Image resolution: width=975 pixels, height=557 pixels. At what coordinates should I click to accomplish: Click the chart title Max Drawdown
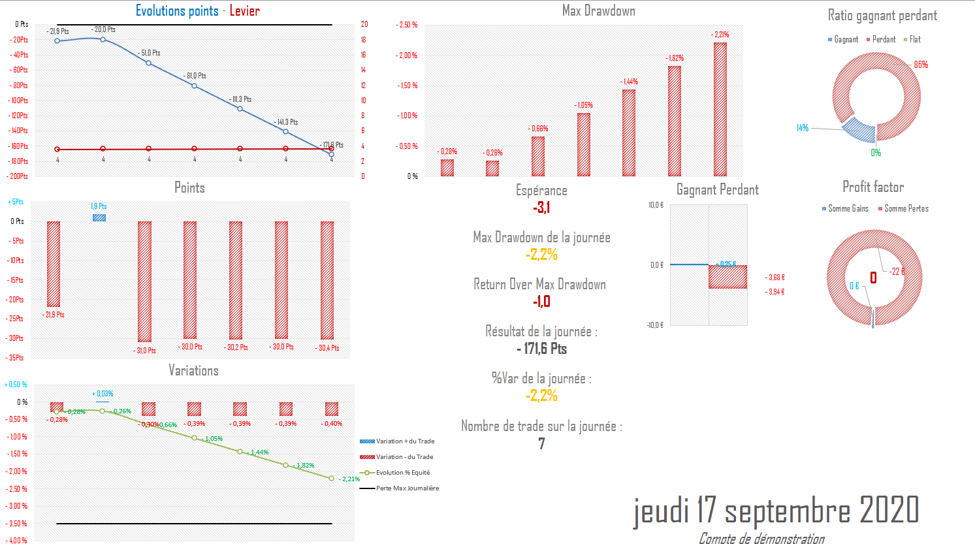point(598,10)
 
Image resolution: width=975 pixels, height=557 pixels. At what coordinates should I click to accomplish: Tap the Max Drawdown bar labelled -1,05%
point(584,144)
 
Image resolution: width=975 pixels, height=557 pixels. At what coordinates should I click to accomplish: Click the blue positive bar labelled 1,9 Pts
point(99,217)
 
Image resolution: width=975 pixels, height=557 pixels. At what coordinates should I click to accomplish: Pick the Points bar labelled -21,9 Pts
point(54,264)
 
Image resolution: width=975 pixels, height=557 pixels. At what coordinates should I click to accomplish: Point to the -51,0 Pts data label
point(150,53)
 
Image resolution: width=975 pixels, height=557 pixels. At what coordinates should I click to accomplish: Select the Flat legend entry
point(914,40)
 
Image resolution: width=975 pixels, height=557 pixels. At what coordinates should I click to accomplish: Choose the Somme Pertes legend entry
point(906,209)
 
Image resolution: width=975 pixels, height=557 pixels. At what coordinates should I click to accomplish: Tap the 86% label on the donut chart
point(921,65)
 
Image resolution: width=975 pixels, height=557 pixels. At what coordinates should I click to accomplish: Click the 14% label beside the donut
point(803,128)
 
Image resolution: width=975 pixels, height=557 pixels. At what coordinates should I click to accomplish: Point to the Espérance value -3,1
point(541,208)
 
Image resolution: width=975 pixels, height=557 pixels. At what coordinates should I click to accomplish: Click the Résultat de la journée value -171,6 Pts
point(541,349)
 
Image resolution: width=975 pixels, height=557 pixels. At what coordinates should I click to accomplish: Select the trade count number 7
point(541,444)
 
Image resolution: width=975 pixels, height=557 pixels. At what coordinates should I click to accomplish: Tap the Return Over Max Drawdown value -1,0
point(541,302)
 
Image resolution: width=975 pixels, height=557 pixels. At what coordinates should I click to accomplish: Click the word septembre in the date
point(788,511)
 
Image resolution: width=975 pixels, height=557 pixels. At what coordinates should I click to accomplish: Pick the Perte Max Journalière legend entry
point(407,488)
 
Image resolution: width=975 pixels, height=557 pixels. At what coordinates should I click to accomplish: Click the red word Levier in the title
point(244,10)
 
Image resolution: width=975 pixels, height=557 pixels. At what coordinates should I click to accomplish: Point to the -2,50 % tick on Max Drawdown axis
point(407,25)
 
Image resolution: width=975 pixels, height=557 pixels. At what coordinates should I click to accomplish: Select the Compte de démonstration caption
point(761,539)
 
